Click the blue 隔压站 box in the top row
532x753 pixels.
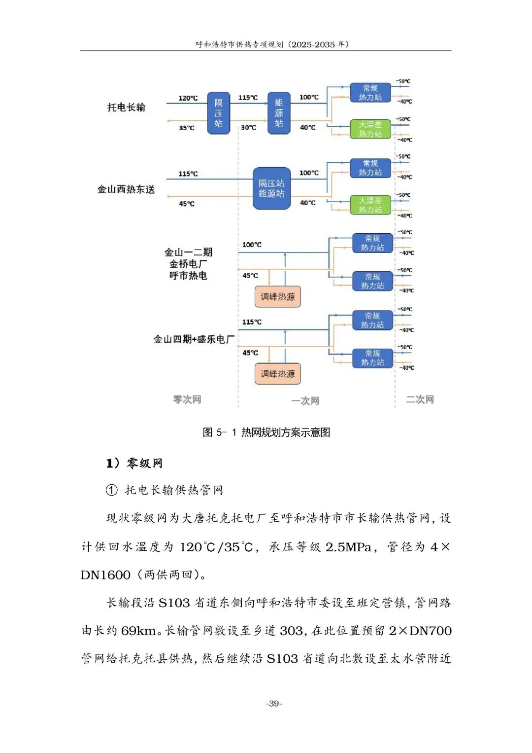coord(218,113)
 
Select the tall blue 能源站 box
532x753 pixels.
coord(278,113)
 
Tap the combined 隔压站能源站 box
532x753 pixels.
coord(271,188)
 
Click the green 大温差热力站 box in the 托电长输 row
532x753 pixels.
coord(370,129)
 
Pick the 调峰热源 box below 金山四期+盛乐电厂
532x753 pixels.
coord(277,374)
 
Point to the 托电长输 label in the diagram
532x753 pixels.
coord(126,108)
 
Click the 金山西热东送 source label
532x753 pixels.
coord(126,189)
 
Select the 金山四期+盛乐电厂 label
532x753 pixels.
coord(193,339)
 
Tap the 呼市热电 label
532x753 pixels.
coord(188,276)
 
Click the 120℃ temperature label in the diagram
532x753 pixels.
coord(188,98)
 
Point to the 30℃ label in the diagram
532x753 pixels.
coord(248,128)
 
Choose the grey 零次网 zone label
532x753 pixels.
coord(187,399)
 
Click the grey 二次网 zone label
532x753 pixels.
coord(420,399)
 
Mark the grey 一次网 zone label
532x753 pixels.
coord(305,401)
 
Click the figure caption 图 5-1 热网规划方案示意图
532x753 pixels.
coord(266,432)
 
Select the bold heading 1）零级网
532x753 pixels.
coord(134,463)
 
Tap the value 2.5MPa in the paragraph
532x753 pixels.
coord(348,547)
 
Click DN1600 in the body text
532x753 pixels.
coord(105,575)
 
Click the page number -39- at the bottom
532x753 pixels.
coord(274,704)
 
